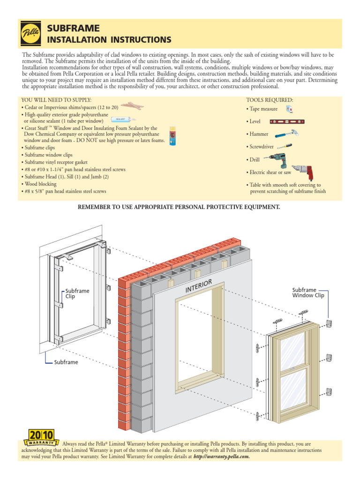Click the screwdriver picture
(x=288, y=146)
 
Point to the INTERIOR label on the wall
(x=199, y=286)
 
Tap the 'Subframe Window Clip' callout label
(x=308, y=292)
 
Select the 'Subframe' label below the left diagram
(x=66, y=362)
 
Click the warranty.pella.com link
(x=221, y=456)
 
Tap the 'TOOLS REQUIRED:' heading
(x=270, y=100)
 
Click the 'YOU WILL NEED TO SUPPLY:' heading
(x=56, y=100)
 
